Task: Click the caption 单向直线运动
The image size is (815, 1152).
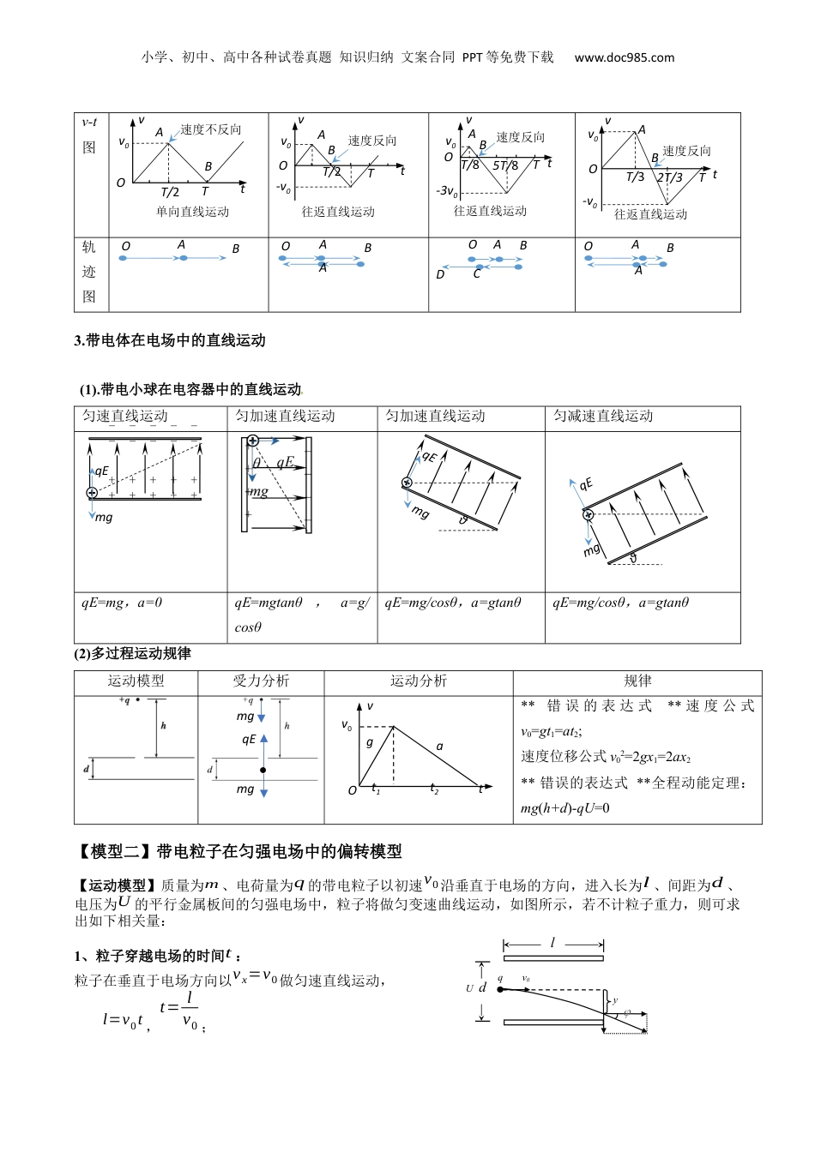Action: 192,212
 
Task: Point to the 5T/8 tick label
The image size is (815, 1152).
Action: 505,165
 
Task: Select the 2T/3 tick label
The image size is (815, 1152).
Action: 670,177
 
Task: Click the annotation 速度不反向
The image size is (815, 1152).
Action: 211,129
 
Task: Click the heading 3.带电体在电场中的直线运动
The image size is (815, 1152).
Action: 170,340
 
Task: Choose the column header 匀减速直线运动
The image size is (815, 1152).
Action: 603,417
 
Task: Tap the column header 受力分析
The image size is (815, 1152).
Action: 261,681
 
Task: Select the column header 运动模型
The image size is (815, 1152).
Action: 136,681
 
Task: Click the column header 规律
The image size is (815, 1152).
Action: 637,681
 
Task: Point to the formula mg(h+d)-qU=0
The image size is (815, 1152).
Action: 565,807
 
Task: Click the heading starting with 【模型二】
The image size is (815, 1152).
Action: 238,851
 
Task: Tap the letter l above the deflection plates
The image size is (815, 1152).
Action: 552,943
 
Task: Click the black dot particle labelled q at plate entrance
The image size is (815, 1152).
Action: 500,989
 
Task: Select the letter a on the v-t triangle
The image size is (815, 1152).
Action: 440,747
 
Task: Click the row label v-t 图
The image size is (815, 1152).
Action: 89,135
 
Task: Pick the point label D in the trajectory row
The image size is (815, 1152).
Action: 440,275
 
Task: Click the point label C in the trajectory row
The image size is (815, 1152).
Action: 477,275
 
